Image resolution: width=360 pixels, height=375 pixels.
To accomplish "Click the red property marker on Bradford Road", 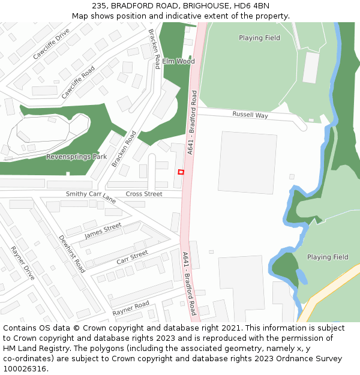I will [x=181, y=172].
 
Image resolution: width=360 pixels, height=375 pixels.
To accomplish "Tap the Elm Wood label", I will [x=178, y=61].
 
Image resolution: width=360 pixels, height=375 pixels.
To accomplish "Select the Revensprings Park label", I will [x=76, y=157].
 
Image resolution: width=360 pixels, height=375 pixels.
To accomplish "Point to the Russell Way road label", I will [x=250, y=115].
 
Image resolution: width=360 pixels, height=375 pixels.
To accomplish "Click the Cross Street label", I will [x=144, y=194].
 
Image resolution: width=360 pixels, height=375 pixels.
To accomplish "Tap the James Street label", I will [x=103, y=230].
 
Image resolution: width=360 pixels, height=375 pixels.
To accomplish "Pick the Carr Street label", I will [x=132, y=257].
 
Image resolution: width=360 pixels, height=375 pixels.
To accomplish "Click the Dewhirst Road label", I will [x=71, y=254].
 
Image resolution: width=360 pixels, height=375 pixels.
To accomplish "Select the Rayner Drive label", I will [x=22, y=263].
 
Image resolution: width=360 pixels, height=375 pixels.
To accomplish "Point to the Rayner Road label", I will [x=130, y=308].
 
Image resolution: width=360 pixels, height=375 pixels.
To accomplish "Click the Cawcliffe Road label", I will [x=78, y=82].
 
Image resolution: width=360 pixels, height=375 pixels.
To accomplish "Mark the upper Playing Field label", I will [x=259, y=38].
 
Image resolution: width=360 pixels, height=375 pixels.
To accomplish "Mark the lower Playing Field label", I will [x=328, y=257].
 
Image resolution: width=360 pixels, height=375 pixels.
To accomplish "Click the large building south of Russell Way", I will [x=247, y=162].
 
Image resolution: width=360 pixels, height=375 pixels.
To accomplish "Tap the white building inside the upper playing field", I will [x=311, y=68].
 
